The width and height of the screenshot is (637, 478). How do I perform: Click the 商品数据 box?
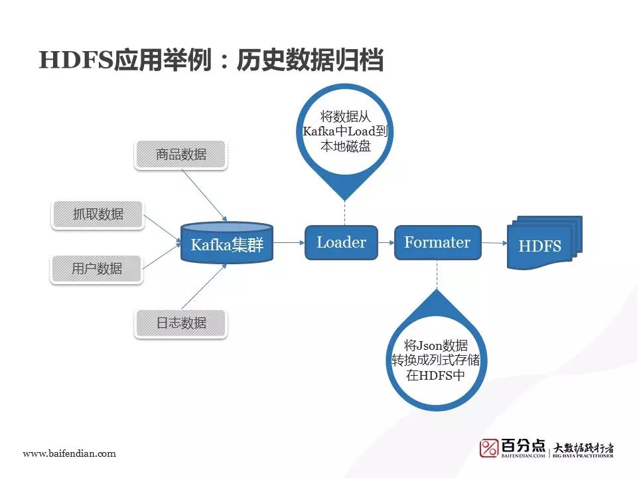(181, 155)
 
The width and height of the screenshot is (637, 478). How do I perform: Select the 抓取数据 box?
(98, 214)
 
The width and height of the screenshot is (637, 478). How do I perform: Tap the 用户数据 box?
(98, 269)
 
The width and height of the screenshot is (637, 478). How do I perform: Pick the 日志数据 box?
(181, 323)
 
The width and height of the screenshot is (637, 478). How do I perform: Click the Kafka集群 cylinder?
(227, 244)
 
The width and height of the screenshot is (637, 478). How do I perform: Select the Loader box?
(341, 242)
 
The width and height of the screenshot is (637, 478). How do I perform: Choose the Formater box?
(437, 242)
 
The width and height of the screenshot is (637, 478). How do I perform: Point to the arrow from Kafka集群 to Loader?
(289, 243)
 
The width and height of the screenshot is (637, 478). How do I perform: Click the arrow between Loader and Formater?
(386, 243)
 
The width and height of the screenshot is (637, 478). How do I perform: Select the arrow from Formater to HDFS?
(494, 243)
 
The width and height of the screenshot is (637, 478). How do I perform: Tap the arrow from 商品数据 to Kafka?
(206, 196)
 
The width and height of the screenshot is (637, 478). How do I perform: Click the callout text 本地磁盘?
(345, 147)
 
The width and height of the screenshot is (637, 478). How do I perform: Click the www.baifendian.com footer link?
(70, 454)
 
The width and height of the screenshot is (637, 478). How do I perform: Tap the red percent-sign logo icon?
(489, 448)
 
